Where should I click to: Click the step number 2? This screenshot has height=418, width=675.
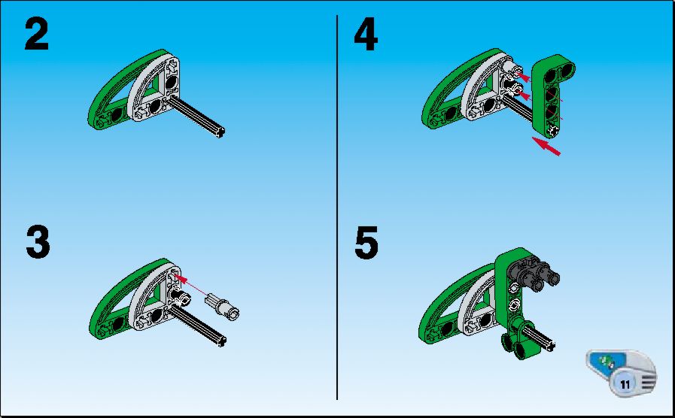click(x=37, y=35)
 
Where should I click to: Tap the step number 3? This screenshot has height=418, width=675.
click(x=38, y=243)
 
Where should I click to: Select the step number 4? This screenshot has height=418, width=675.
click(x=366, y=35)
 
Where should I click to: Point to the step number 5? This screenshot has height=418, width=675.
click(x=366, y=243)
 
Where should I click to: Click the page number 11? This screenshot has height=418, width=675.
click(x=625, y=383)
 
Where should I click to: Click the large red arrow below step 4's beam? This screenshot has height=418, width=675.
click(x=546, y=146)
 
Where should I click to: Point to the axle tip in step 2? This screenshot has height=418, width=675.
click(x=220, y=132)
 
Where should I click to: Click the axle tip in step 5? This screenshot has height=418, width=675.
click(x=550, y=345)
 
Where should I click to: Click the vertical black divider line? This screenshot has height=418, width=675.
click(x=337, y=207)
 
